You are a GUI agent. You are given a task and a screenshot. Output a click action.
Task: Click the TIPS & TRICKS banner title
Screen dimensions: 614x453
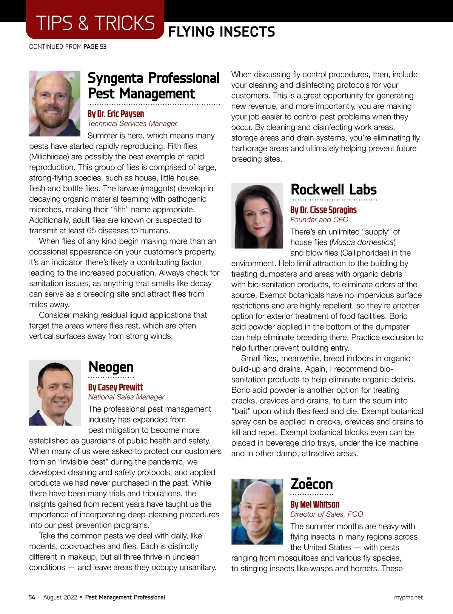[95, 23]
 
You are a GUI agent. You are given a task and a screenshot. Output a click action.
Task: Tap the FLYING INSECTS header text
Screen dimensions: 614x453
[222, 32]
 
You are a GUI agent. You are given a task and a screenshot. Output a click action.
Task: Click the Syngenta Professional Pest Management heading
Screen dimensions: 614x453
[153, 86]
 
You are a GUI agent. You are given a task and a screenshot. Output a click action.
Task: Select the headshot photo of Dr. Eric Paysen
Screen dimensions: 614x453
[55, 103]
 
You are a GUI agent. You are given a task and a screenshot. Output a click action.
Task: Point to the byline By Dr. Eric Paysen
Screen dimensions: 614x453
[116, 114]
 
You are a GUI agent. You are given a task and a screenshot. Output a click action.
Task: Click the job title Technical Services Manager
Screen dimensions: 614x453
[132, 123]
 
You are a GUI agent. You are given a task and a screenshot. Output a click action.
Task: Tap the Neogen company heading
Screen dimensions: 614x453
[111, 367]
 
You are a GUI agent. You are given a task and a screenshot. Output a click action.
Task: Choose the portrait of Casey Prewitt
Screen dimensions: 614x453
[55, 392]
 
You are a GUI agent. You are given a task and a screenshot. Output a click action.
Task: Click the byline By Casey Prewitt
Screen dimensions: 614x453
[116, 387]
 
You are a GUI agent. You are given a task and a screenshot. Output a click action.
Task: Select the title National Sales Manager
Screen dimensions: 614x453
[126, 397]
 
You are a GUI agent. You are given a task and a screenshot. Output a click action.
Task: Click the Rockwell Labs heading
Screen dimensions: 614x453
[334, 190]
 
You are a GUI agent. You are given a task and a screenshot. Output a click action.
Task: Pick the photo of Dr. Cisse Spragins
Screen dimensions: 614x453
[257, 215]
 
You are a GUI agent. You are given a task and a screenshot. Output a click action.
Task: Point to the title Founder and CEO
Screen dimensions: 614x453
[319, 220]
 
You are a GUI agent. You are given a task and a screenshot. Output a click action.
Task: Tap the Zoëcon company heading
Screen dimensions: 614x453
[312, 484]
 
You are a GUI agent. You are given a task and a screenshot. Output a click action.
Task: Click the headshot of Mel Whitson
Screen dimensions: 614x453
[257, 511]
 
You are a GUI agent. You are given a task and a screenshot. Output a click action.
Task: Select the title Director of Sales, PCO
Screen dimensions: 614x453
[327, 514]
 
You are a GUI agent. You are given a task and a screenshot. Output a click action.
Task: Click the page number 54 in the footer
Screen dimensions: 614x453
[32, 597]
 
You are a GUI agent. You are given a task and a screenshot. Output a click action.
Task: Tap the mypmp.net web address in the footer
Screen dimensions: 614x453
[408, 597]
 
